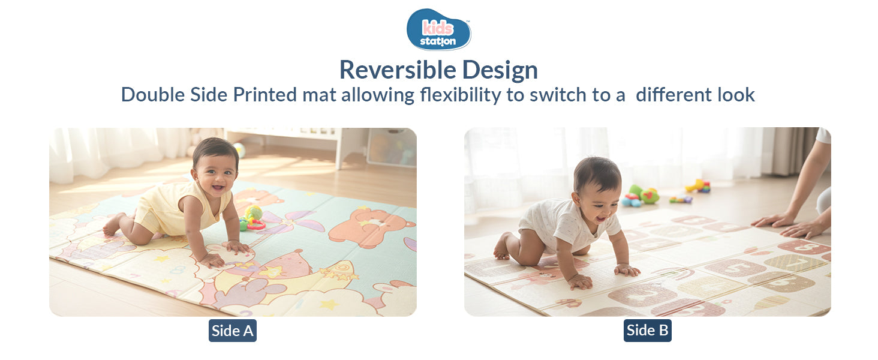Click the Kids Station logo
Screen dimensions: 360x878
click(x=438, y=29)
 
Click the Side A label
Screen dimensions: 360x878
click(x=233, y=331)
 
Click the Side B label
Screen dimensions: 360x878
click(x=647, y=331)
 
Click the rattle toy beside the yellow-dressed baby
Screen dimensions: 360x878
click(x=252, y=218)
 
